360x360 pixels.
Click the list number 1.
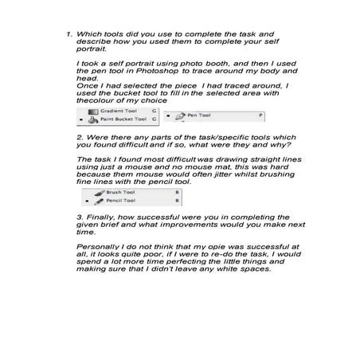[x=69, y=35]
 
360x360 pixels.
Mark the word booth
[x=234, y=61]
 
